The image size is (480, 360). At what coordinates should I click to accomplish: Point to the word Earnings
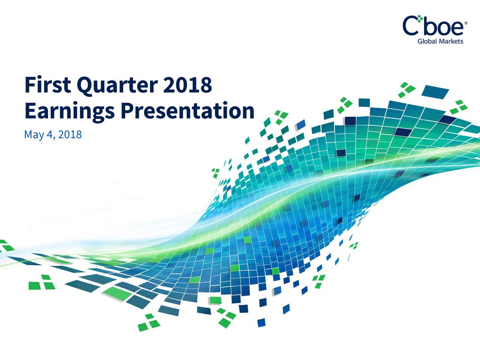coord(70,112)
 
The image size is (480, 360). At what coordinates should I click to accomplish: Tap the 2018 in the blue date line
coord(70,134)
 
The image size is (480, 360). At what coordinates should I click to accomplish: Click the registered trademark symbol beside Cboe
coord(466,23)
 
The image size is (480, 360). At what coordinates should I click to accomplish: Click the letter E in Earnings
coord(31,110)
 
